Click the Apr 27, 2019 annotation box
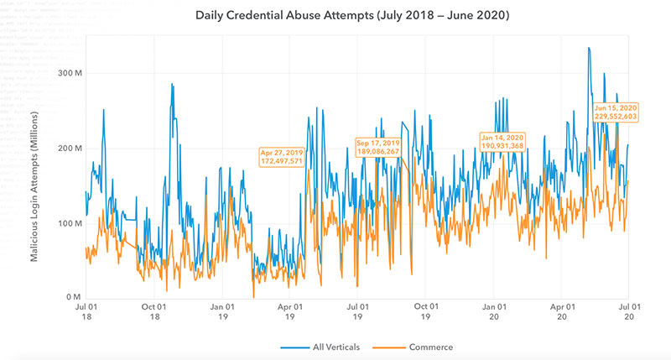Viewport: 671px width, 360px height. tap(281, 156)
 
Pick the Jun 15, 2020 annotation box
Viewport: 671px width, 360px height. tap(616, 112)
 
